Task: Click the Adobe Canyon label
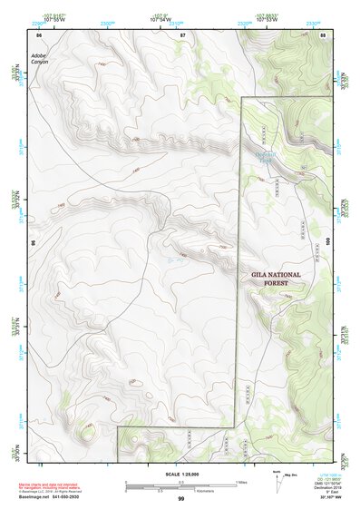point(38,59)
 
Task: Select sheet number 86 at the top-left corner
point(38,34)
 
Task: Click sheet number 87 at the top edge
point(181,34)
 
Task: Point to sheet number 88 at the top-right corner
point(323,34)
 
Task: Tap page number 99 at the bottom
point(180,499)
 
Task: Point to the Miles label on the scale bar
point(241,482)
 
